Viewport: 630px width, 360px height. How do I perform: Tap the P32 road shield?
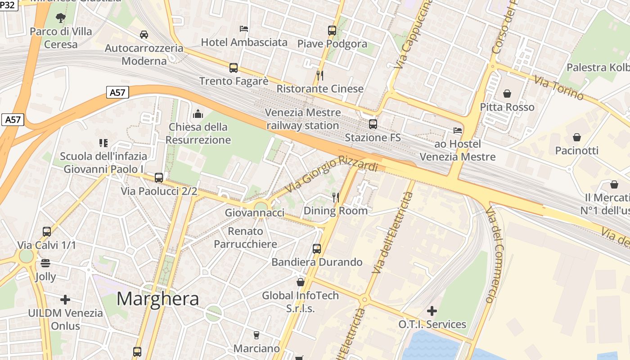click(x=9, y=5)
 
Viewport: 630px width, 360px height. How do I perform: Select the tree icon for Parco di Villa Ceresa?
click(x=60, y=18)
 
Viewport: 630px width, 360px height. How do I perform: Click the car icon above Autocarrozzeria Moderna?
click(x=144, y=35)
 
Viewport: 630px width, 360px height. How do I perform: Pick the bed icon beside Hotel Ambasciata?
click(x=244, y=29)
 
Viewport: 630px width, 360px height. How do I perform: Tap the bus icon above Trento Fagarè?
click(x=234, y=68)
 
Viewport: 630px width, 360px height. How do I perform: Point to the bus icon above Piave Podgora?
click(x=332, y=31)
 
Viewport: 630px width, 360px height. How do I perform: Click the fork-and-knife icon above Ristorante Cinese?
click(x=320, y=76)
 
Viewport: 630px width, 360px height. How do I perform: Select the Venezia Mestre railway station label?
click(x=303, y=119)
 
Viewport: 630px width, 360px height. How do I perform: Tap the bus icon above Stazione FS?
click(x=373, y=124)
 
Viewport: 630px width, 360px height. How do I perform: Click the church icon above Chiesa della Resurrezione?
click(x=198, y=114)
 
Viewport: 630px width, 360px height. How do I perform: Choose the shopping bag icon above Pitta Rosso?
click(x=507, y=94)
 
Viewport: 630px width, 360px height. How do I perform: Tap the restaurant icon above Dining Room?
click(x=335, y=198)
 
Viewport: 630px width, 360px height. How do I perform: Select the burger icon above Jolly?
click(x=45, y=263)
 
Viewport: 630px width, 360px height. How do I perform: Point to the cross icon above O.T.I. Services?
click(x=432, y=311)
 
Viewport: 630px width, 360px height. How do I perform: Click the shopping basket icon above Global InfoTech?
click(x=300, y=282)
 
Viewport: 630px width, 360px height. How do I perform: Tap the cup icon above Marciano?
click(x=256, y=335)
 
